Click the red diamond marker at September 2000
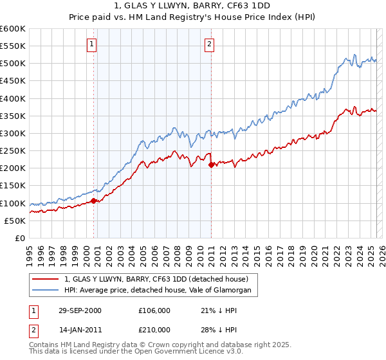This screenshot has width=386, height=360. coord(94,201)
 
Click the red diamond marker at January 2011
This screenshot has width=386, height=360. coord(211,165)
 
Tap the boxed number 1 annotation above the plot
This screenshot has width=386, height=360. coord(92,44)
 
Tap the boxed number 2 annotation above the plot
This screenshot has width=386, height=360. coord(210,44)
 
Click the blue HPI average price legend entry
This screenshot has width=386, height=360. coord(161,291)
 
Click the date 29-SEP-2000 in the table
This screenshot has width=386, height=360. coord(80,310)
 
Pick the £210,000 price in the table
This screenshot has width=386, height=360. coord(154,330)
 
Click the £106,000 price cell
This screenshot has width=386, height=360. coord(154,310)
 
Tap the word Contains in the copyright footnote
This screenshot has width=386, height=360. coord(44,345)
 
